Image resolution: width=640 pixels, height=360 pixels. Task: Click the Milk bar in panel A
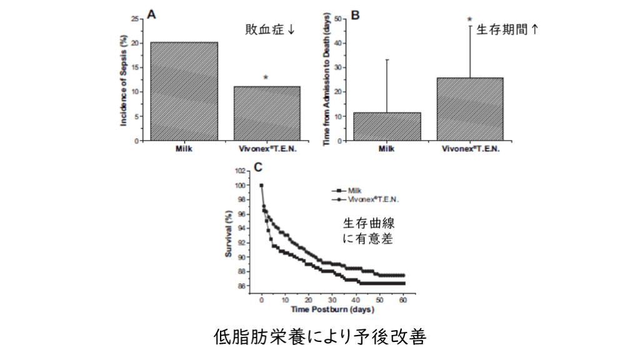pyautogui.click(x=184, y=91)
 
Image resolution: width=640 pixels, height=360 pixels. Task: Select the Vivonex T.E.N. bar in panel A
pyautogui.click(x=267, y=113)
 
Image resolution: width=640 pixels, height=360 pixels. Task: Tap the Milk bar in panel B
pyautogui.click(x=387, y=126)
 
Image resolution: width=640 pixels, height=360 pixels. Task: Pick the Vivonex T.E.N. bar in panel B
pyautogui.click(x=469, y=109)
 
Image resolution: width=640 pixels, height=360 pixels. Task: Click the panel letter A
pyautogui.click(x=150, y=13)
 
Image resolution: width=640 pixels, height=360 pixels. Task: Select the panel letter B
pyautogui.click(x=355, y=13)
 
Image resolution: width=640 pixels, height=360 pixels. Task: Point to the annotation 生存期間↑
pyautogui.click(x=507, y=29)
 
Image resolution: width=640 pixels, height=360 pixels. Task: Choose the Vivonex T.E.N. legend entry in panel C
pyautogui.click(x=366, y=199)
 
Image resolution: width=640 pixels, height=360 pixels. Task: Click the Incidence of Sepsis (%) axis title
pyautogui.click(x=124, y=79)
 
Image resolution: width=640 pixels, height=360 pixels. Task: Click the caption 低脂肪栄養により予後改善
pyautogui.click(x=320, y=337)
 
